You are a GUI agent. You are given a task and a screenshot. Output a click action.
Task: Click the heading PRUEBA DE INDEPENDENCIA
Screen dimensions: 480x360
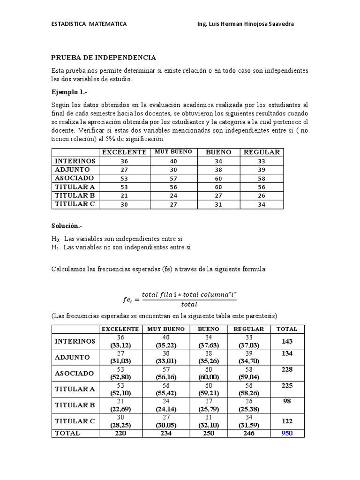104,58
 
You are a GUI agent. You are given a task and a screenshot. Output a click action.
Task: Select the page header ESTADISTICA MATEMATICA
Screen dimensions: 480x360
88,24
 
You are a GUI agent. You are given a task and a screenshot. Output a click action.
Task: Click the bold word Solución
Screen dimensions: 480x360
67,226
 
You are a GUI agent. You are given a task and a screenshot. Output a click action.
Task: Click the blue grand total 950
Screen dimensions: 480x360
286,433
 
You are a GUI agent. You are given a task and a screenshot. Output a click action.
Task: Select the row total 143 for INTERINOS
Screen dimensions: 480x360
286,341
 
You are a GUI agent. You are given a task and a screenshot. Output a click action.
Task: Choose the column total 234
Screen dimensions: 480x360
166,433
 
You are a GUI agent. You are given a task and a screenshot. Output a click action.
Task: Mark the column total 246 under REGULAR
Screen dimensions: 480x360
248,433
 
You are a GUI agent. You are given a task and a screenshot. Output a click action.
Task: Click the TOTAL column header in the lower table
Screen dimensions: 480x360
286,329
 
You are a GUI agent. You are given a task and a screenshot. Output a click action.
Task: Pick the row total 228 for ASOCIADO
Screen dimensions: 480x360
286,369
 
